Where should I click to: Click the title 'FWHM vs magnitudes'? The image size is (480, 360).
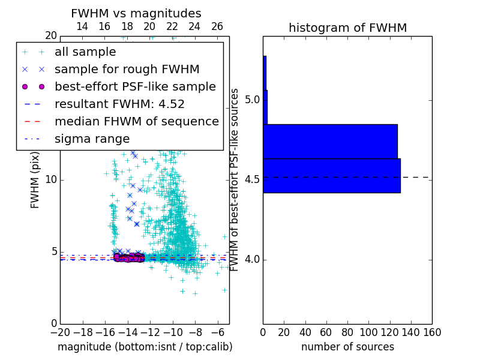(x=136, y=13)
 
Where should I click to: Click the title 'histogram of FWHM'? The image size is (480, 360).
(x=347, y=28)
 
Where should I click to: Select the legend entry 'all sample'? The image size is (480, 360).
(x=85, y=52)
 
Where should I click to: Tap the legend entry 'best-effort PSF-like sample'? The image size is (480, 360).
(x=135, y=87)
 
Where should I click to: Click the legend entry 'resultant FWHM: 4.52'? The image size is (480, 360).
(x=119, y=104)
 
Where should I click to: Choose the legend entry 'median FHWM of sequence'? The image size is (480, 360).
(x=136, y=122)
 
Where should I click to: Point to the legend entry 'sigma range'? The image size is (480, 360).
(x=92, y=139)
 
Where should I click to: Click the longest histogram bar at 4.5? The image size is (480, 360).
(x=331, y=176)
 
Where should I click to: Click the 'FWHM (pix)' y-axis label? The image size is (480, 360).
(x=35, y=181)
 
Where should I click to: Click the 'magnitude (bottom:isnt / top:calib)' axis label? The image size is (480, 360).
(x=145, y=347)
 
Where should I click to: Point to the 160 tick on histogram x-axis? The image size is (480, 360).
(x=432, y=332)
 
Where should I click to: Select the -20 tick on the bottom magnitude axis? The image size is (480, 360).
(x=60, y=332)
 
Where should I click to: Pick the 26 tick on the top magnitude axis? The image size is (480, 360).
(x=217, y=26)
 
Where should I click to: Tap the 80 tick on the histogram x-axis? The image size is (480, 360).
(x=347, y=332)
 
